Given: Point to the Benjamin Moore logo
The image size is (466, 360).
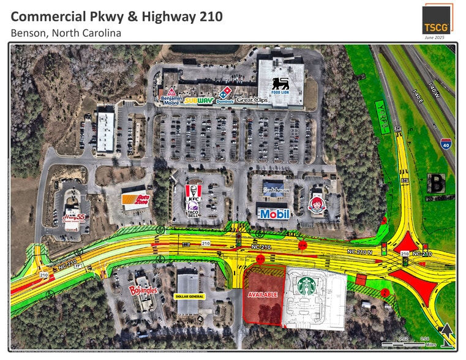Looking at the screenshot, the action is pos(171,97).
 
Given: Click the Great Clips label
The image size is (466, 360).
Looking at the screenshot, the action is pos(252,99).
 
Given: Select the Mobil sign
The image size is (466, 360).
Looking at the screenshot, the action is pos(274,214).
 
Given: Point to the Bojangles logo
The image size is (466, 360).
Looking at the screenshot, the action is pos(143,290).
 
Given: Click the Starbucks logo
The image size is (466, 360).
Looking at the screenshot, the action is pos(306,286).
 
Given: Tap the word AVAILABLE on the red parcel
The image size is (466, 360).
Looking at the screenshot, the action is pos(262,294).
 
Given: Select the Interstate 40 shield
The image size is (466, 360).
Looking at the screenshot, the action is pos(446,144).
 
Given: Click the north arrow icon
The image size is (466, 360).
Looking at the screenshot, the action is pos(447,333).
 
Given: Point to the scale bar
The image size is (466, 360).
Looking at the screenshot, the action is pos(408,343).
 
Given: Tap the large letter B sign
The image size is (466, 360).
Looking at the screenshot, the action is pos(437,183).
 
